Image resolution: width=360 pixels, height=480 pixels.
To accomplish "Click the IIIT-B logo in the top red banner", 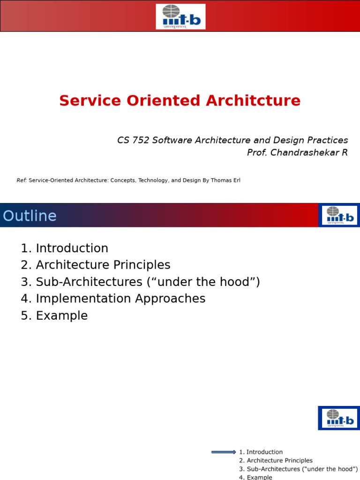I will click(x=180, y=16).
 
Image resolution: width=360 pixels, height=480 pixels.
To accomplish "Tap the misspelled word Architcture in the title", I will click(x=257, y=101).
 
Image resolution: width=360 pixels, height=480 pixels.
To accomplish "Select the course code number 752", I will click(x=140, y=140).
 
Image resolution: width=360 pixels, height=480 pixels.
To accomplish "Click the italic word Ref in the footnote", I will click(x=22, y=180).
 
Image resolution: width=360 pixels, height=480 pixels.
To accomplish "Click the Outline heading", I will click(x=30, y=216).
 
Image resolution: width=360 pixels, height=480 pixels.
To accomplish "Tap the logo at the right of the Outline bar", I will click(x=339, y=215).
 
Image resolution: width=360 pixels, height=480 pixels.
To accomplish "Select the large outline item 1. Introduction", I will click(x=65, y=248).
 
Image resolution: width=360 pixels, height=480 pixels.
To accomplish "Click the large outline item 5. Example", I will click(x=54, y=315).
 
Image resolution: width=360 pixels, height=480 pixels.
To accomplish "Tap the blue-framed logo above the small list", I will click(x=339, y=418).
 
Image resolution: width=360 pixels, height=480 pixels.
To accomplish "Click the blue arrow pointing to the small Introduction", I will click(x=224, y=452).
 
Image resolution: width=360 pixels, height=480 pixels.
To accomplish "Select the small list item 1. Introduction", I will click(x=261, y=452).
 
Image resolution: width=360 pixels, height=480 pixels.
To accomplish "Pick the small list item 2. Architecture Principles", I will click(x=276, y=461).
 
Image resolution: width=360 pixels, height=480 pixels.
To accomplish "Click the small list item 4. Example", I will click(x=255, y=477).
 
